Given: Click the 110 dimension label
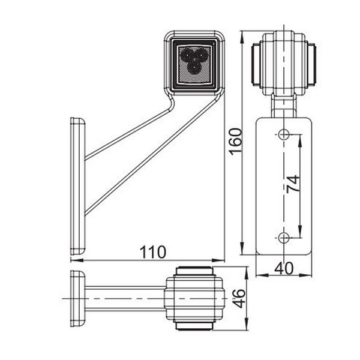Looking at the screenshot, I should click(153, 252).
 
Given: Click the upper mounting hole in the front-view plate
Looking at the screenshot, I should click(284, 134).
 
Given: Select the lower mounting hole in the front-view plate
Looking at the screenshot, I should click(284, 238).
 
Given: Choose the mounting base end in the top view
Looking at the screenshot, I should click(77, 298).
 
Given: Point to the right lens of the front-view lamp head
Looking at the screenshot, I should click(313, 62).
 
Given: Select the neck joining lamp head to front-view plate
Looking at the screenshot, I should click(284, 104).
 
